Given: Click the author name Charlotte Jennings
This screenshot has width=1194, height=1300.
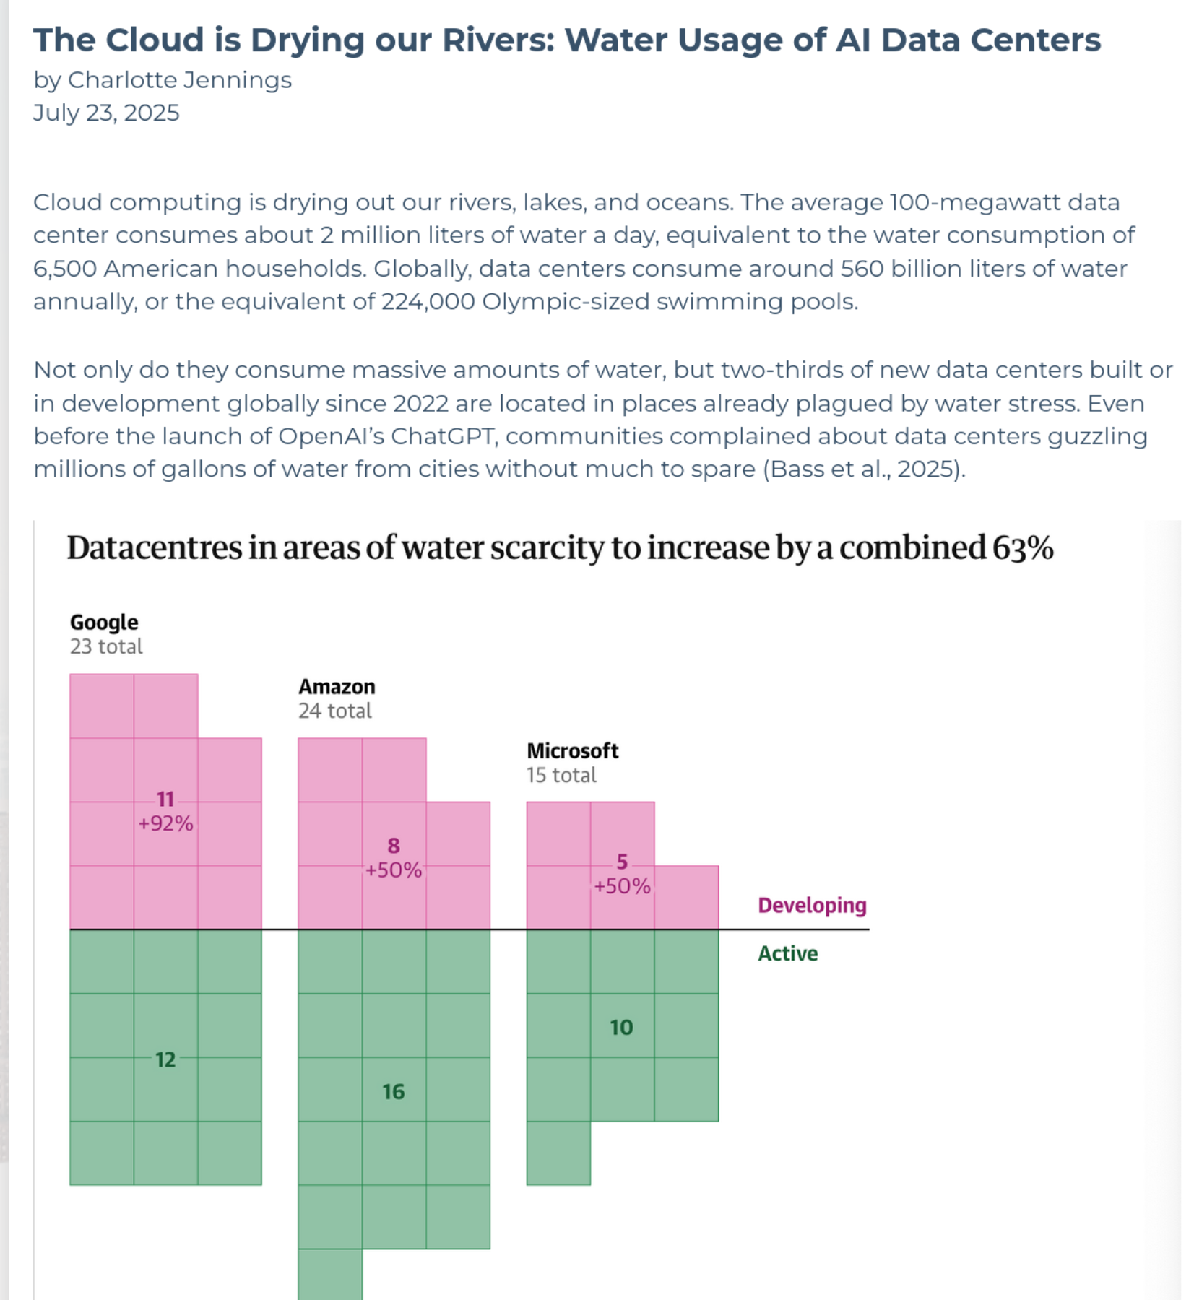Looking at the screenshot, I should click(x=179, y=80).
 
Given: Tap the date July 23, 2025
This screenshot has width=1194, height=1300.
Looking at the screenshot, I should click(x=106, y=113).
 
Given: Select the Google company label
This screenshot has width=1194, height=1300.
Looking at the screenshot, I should click(x=104, y=623).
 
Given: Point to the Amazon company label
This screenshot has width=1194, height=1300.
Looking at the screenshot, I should click(x=337, y=687).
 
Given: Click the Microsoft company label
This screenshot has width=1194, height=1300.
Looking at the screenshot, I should click(x=572, y=751).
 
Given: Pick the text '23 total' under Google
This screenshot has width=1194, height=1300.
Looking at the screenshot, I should click(x=106, y=646).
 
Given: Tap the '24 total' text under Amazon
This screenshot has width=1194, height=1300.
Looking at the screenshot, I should click(x=335, y=711).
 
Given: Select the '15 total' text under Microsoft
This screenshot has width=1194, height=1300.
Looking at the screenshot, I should click(x=561, y=776).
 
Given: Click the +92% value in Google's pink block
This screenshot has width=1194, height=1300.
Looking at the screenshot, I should click(x=165, y=824).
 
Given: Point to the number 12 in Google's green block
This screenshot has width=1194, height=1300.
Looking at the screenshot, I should click(x=165, y=1059).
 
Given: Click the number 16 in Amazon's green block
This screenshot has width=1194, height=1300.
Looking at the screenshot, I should click(x=394, y=1092).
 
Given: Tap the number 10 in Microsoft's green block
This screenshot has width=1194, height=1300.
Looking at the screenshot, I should click(x=621, y=1028).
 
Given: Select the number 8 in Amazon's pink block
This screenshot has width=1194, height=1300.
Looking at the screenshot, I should click(x=394, y=846).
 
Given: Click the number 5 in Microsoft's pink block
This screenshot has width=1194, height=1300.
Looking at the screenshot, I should click(x=622, y=862).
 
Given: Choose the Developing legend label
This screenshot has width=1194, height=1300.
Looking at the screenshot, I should click(x=812, y=906).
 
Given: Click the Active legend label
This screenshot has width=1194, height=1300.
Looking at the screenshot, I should click(x=788, y=954).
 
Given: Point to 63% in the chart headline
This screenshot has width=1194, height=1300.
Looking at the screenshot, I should click(x=1023, y=548).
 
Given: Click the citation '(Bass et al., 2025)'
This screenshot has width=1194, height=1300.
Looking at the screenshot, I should click(x=864, y=470).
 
